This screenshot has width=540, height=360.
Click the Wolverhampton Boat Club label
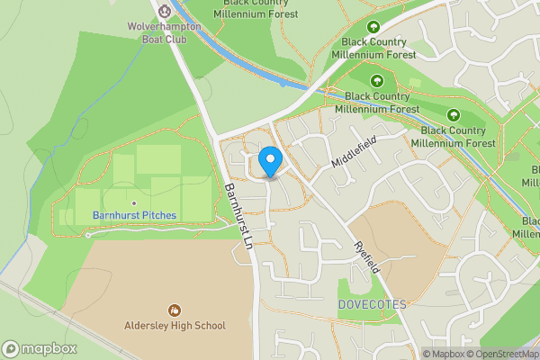coord(164,32)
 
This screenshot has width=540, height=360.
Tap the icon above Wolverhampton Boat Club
coord(165,11)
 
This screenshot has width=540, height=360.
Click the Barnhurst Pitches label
coord(134,215)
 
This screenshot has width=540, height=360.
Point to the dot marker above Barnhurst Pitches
coord(134,202)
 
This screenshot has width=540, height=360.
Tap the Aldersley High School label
coord(175,326)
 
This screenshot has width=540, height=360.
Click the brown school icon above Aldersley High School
coord(175,310)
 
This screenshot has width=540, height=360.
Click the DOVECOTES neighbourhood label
coord(373,304)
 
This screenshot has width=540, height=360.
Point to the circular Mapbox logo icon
coord(11,349)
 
